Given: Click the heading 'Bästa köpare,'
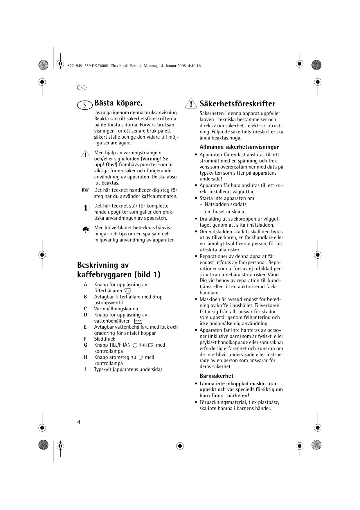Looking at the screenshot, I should [x=118, y=103].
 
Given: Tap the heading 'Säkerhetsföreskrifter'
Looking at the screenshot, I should [x=237, y=104].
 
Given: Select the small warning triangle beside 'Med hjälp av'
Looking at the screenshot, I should [x=86, y=154].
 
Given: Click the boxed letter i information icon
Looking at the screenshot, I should [x=85, y=207].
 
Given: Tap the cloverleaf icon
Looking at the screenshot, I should [x=85, y=230].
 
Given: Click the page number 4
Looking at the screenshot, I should [x=79, y=422].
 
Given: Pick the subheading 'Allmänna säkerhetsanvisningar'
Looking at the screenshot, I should [x=239, y=147].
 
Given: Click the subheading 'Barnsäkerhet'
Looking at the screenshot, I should [x=216, y=376].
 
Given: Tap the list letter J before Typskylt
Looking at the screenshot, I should [x=85, y=370].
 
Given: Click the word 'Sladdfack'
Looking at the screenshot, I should [x=105, y=339].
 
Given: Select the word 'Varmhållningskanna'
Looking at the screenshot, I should [x=116, y=309].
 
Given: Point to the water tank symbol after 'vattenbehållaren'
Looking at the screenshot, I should [x=138, y=321].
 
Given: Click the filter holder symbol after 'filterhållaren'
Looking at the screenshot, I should [x=128, y=291].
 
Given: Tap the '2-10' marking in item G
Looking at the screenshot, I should [x=143, y=345].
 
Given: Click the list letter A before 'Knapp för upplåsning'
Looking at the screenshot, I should [x=85, y=284].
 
